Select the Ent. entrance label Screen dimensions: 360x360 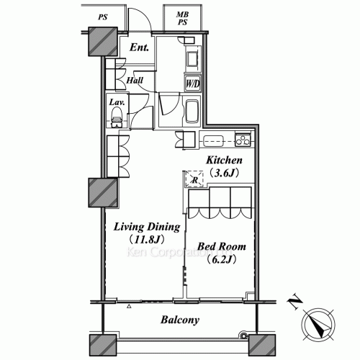click(x=140, y=48)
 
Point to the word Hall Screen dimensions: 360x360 click(x=134, y=81)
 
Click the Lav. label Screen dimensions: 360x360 click(x=117, y=102)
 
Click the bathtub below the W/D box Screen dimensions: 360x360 click(x=193, y=112)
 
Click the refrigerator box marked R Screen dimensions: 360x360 click(x=194, y=181)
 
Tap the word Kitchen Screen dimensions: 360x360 click(x=224, y=160)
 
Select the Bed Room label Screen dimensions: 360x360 click(x=222, y=247)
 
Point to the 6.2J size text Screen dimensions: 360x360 click(x=222, y=260)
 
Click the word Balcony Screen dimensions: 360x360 click(x=180, y=320)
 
